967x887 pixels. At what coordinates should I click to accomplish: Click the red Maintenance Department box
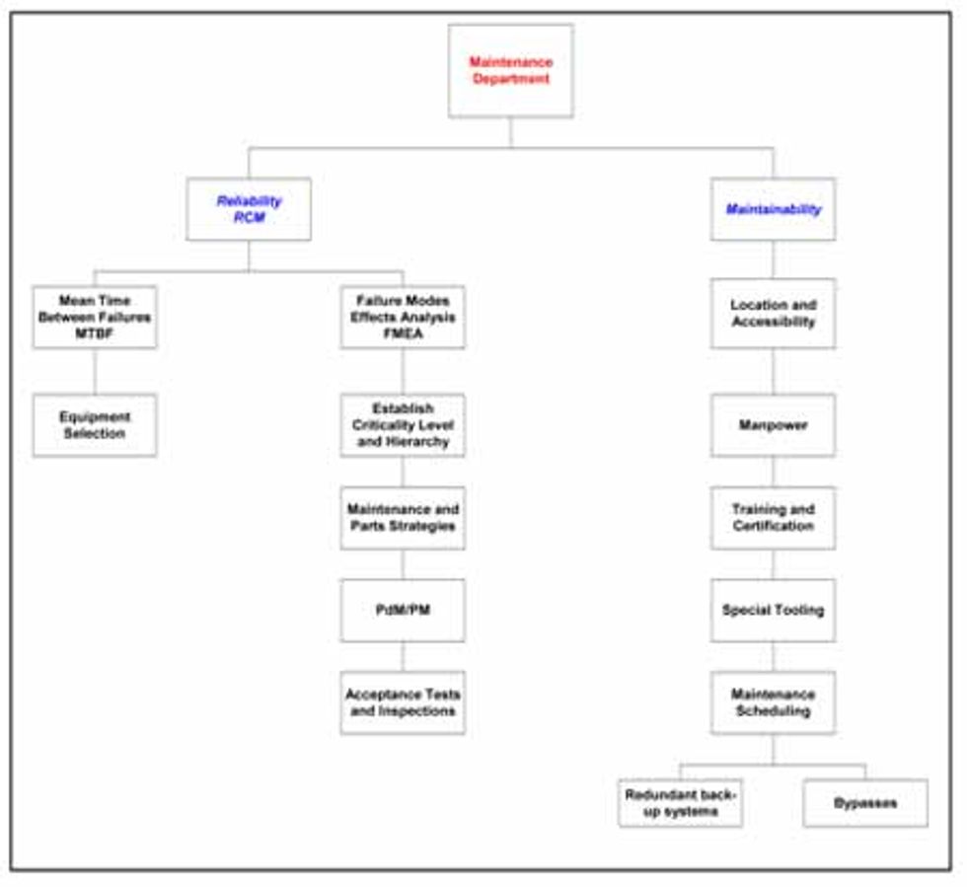pyautogui.click(x=510, y=71)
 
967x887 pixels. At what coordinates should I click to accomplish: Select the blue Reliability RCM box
pyautogui.click(x=249, y=209)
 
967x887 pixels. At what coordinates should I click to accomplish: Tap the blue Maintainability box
pyautogui.click(x=773, y=209)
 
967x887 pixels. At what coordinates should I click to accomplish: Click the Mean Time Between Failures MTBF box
pyautogui.click(x=95, y=318)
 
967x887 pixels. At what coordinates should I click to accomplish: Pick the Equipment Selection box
pyautogui.click(x=95, y=425)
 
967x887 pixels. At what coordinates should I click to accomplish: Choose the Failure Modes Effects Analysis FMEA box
pyautogui.click(x=403, y=318)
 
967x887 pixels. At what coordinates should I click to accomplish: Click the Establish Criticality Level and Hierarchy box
pyautogui.click(x=403, y=425)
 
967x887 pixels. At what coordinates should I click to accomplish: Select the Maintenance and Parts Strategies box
pyautogui.click(x=403, y=518)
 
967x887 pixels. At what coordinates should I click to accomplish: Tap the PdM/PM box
pyautogui.click(x=403, y=611)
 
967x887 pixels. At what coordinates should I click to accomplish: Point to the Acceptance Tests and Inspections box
pyautogui.click(x=403, y=702)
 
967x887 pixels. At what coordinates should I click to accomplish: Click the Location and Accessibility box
pyautogui.click(x=773, y=314)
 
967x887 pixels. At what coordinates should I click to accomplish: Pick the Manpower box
pyautogui.click(x=773, y=425)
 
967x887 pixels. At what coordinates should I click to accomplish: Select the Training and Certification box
pyautogui.click(x=773, y=518)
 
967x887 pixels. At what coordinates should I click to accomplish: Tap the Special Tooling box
pyautogui.click(x=773, y=611)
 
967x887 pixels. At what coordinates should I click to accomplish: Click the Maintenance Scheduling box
pyautogui.click(x=773, y=702)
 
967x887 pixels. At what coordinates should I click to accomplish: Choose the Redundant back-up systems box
pyautogui.click(x=681, y=803)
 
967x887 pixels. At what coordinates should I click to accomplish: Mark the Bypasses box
pyautogui.click(x=865, y=803)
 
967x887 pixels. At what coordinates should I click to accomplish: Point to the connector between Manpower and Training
pyautogui.click(x=773, y=472)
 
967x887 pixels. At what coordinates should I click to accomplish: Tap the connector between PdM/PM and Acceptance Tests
pyautogui.click(x=403, y=657)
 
